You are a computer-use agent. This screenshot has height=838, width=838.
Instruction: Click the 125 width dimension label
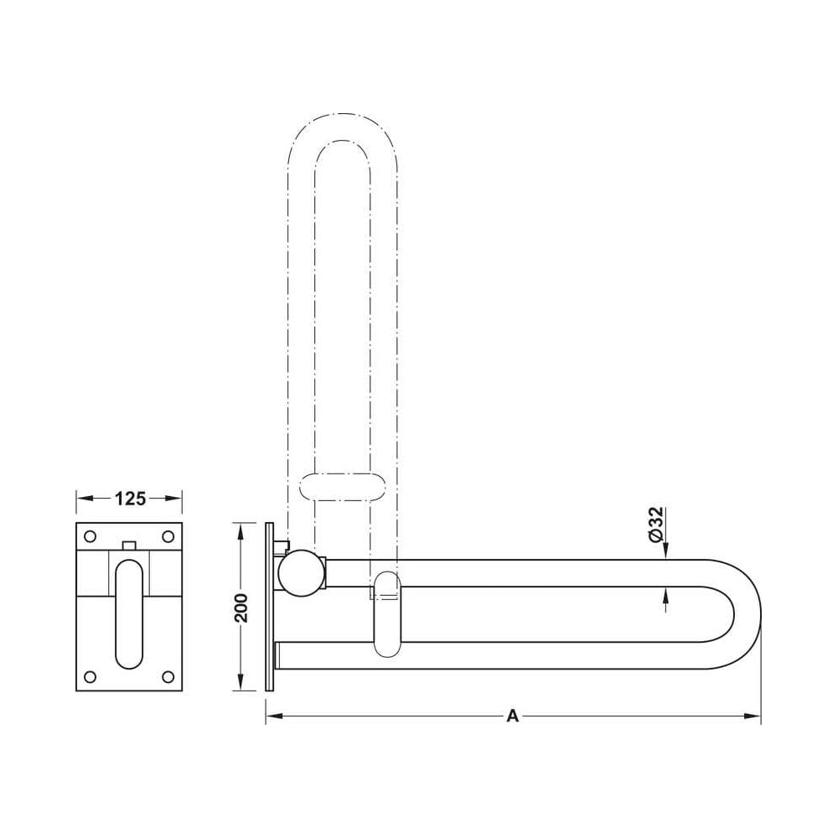131,499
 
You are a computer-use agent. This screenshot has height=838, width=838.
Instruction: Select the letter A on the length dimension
513,716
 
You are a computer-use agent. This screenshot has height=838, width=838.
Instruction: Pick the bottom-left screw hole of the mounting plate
91,677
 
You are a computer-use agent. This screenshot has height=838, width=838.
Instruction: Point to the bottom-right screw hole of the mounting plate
168,677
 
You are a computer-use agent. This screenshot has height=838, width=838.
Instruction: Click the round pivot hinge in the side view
302,573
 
